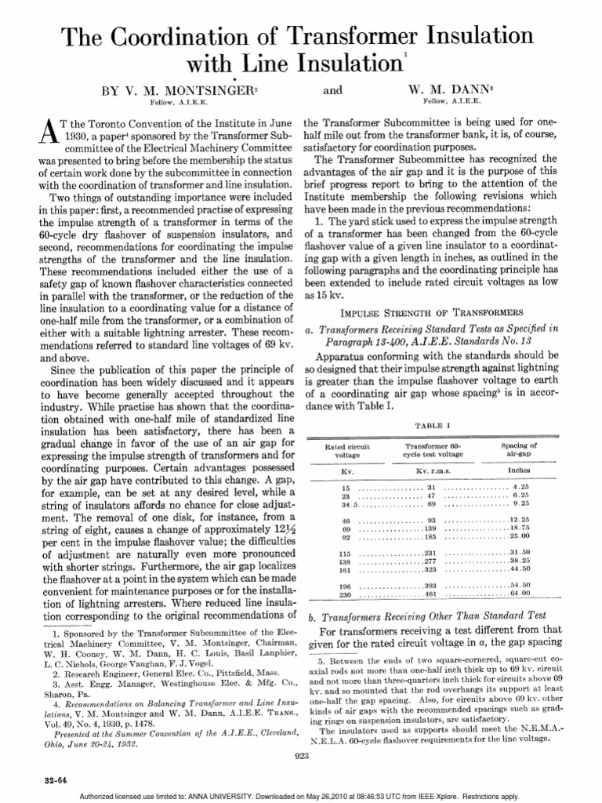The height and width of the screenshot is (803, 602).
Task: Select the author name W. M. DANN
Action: tap(455, 91)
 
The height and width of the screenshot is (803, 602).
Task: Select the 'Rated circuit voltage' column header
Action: tap(347, 450)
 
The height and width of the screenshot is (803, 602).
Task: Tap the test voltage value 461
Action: tap(430, 594)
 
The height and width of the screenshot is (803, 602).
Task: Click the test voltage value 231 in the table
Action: tap(430, 554)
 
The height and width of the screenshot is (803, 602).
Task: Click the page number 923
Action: tap(301, 754)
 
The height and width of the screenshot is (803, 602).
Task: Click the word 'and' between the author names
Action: tap(333, 91)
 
